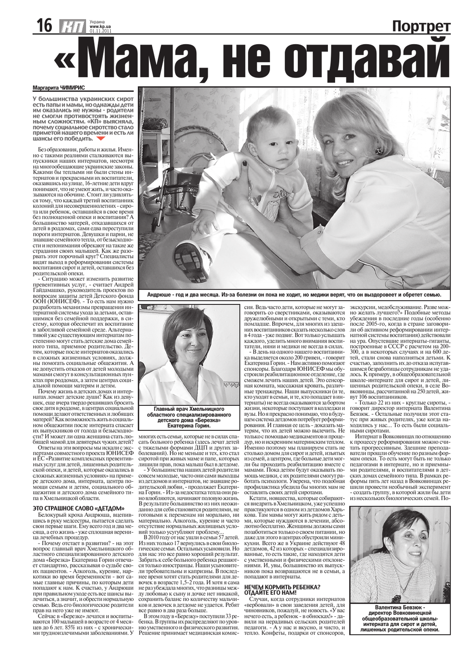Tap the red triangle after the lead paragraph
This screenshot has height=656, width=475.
[101, 138]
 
